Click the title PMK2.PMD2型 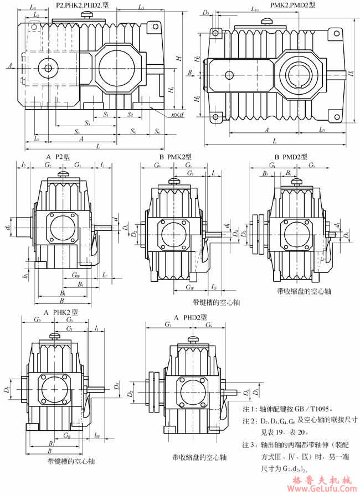click(x=293, y=5)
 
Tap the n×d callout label click(x=177, y=115)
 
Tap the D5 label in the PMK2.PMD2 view click(x=206, y=12)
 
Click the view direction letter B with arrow click(x=189, y=72)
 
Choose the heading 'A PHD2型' click(x=190, y=317)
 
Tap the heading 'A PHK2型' click(x=60, y=312)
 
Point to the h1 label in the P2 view click(x=26, y=273)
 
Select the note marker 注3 click(x=248, y=445)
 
